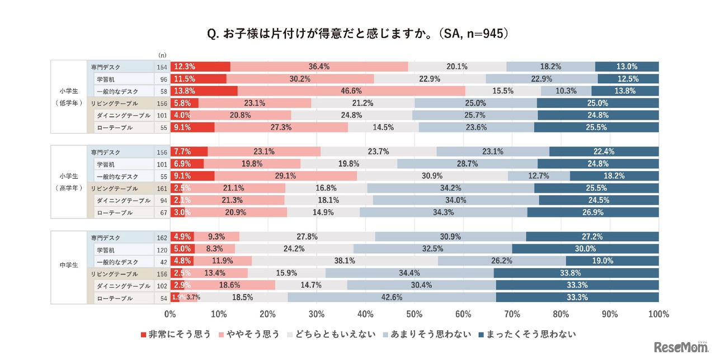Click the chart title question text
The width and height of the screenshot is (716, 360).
[357, 34]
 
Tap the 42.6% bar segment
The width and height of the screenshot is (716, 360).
[392, 297]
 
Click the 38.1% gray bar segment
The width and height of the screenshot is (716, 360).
[345, 260]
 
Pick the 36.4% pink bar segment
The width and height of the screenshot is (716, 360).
[319, 67]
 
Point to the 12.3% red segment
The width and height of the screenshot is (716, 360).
[200, 67]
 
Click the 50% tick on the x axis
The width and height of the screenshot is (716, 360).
[414, 314]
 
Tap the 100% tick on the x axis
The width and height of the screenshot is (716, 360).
[658, 314]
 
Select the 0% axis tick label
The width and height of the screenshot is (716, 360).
[170, 314]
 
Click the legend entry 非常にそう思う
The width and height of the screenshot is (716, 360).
[176, 334]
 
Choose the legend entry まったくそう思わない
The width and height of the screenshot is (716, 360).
[527, 334]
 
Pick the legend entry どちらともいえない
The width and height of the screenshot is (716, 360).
[331, 334]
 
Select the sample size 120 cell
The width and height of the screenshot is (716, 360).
[162, 249]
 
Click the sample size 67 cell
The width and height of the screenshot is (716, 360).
[162, 212]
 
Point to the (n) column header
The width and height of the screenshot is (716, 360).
[162, 55]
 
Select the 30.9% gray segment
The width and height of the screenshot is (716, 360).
[432, 176]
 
